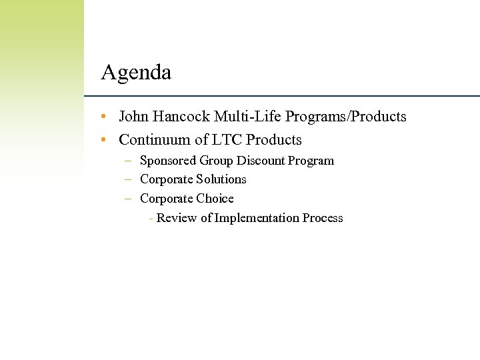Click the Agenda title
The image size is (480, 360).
click(136, 72)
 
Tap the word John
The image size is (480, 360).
click(133, 117)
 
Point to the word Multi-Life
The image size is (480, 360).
click(248, 117)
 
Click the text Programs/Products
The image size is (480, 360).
click(345, 117)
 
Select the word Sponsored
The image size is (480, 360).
click(168, 161)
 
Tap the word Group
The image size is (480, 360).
click(217, 161)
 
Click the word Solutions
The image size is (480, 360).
click(221, 179)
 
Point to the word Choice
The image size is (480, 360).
click(215, 199)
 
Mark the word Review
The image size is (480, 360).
click(175, 218)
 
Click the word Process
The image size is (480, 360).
click(323, 218)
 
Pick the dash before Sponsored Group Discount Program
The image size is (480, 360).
click(127, 161)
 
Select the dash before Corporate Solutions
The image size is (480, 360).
click(127, 180)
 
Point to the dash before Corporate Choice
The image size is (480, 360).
click(127, 199)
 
